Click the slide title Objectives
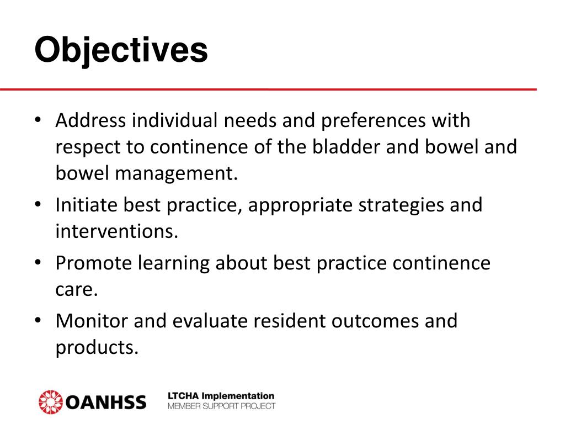pos(121,50)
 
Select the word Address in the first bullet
pos(90,120)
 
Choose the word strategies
pos(402,205)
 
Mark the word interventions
pos(116,231)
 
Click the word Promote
pos(94,263)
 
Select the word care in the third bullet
pos(76,289)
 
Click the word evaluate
pos(214,321)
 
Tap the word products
pos(96,347)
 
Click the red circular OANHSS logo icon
pos(51,401)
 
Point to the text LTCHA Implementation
pos(221,396)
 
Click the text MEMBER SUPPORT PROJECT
pos(221,406)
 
